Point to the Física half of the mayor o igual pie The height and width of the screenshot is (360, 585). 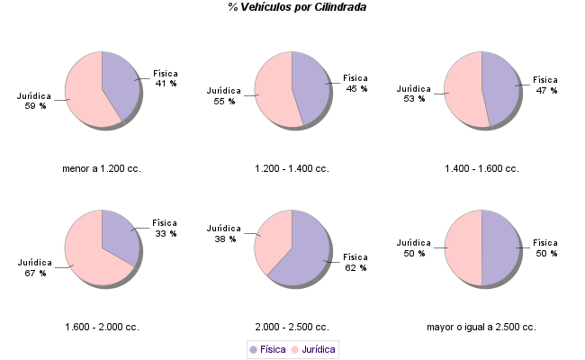(x=500, y=247)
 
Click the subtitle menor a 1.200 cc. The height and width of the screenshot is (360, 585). (x=102, y=168)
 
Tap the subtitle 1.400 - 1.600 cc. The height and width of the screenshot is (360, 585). (x=481, y=168)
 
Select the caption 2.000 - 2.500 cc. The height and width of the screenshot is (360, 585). (x=292, y=327)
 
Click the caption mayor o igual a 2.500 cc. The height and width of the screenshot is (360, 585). (x=481, y=327)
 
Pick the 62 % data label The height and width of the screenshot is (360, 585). (x=355, y=267)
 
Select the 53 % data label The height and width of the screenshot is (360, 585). (x=414, y=99)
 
